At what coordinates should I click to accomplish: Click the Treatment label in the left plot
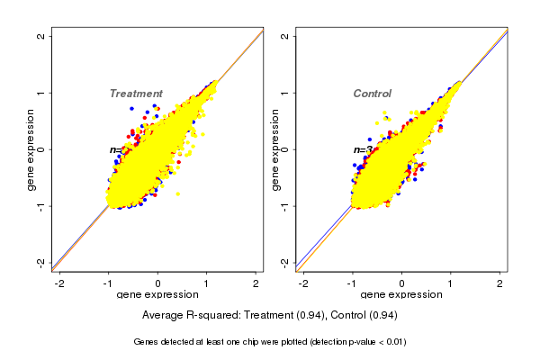(136, 94)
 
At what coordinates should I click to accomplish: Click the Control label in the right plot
(372, 94)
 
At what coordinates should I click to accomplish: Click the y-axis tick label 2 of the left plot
(41, 36)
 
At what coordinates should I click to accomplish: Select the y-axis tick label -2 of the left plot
(41, 262)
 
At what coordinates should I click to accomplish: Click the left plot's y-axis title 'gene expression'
(31, 149)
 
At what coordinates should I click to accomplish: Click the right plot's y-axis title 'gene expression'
(275, 149)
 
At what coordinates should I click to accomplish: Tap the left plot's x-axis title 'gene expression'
(157, 295)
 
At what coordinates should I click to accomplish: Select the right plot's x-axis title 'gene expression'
(401, 295)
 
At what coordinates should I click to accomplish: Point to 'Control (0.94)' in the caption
(362, 316)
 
